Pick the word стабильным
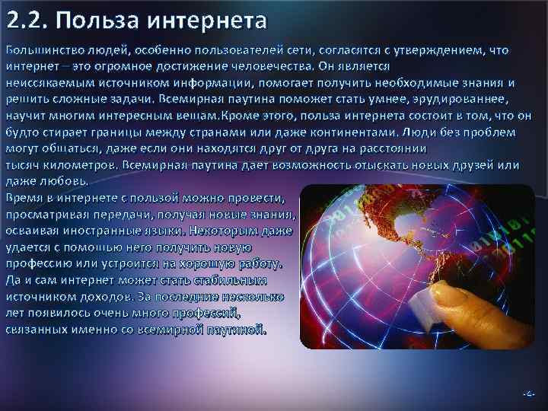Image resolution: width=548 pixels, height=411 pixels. [x=227, y=280]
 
